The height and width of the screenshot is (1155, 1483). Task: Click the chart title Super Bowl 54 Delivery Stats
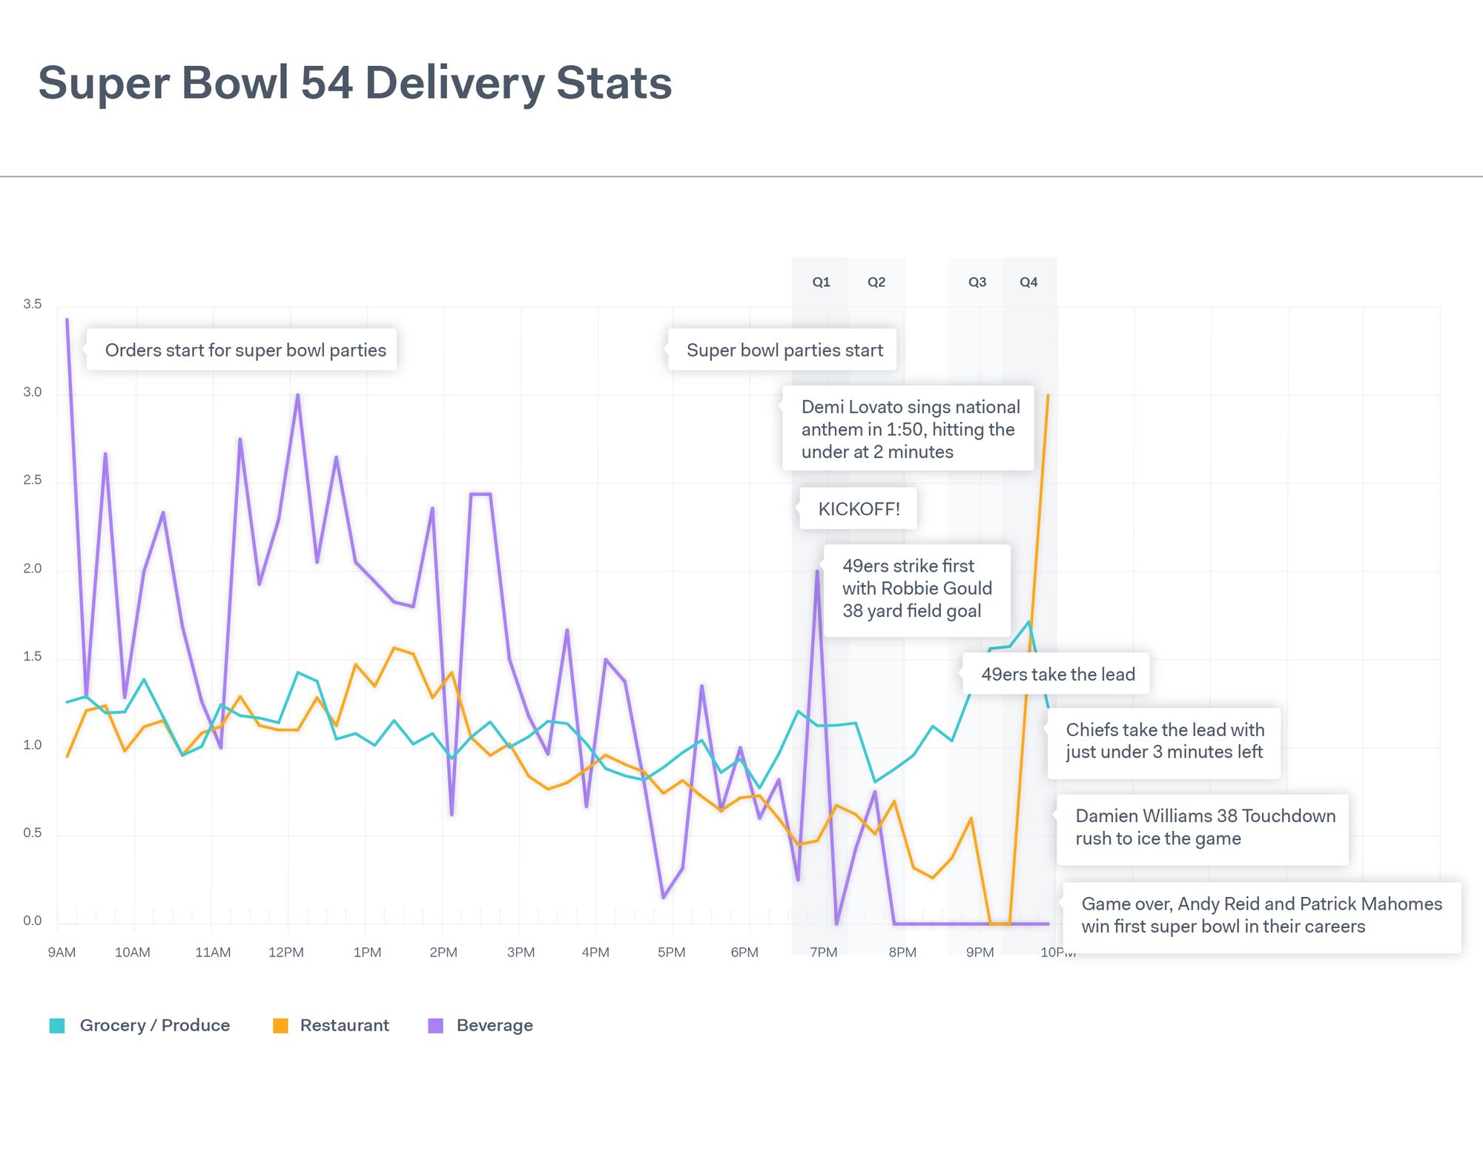[x=354, y=82]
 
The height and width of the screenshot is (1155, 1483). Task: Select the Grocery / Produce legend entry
[x=139, y=1025]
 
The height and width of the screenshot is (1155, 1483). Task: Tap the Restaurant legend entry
[x=331, y=1025]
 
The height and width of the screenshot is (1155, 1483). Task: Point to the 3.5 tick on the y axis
[x=33, y=304]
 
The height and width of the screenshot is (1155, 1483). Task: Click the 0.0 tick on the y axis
[x=33, y=921]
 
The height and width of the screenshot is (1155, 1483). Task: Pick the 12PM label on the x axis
[x=286, y=953]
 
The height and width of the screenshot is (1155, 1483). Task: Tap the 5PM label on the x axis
[x=672, y=953]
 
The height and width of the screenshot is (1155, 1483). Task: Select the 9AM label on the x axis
[x=62, y=953]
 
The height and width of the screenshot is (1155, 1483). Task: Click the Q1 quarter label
[x=821, y=282]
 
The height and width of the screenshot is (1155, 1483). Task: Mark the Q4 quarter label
[x=1028, y=282]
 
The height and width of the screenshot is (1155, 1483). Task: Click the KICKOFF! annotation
[x=859, y=509]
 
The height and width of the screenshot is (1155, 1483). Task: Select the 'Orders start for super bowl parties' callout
[x=245, y=350]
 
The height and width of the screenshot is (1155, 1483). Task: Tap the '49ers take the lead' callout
[x=1057, y=674]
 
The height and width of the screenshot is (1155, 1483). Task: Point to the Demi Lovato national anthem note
[x=910, y=428]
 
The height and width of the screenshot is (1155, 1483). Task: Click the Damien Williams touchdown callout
[x=1204, y=827]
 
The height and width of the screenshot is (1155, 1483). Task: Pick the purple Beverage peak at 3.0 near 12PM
[x=298, y=395]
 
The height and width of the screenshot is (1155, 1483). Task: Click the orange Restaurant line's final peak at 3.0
[x=1048, y=396]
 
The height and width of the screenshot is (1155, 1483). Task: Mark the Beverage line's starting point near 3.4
[x=67, y=320]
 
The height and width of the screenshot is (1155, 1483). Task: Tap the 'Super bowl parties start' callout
[x=784, y=350]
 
